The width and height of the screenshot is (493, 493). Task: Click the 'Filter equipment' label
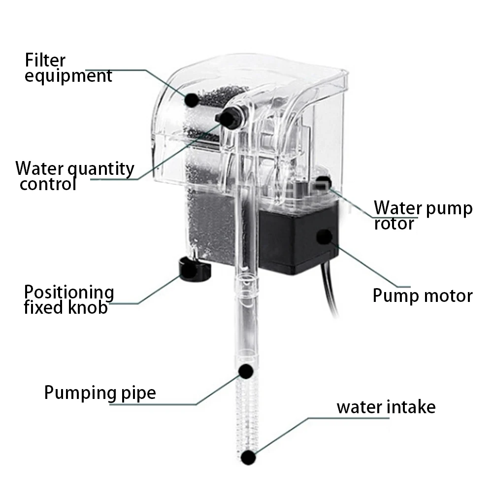click(68, 68)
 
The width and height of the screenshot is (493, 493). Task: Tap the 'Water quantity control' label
click(74, 176)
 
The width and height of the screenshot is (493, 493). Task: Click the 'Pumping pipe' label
click(100, 393)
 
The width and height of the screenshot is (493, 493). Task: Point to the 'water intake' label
click(386, 407)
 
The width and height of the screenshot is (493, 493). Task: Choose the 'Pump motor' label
click(422, 296)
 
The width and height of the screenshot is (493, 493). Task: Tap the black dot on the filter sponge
click(192, 99)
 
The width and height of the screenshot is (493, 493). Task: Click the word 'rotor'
click(394, 224)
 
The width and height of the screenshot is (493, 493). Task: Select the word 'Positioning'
click(69, 293)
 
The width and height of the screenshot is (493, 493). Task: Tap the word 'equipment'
click(68, 76)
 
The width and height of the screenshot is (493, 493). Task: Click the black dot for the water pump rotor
click(323, 182)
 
